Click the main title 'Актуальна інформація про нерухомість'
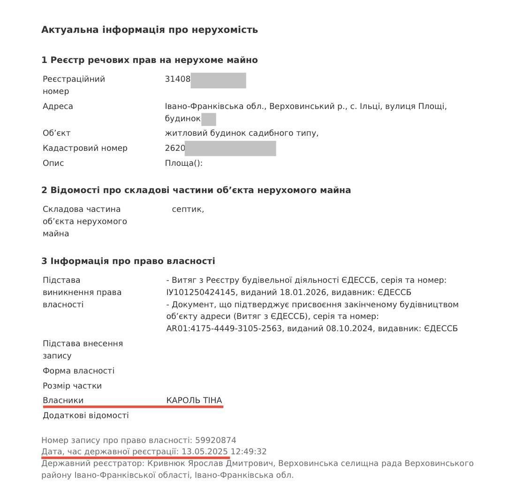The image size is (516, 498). (x=150, y=30)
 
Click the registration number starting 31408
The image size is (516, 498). (x=178, y=79)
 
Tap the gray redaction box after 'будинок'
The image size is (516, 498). (x=208, y=119)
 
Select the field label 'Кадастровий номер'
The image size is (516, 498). (x=85, y=148)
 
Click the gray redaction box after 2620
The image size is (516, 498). (x=230, y=148)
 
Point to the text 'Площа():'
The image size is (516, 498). (x=183, y=163)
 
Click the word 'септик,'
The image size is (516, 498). (x=188, y=210)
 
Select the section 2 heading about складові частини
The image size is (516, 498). (x=196, y=190)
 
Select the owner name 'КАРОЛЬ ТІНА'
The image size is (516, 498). (x=194, y=400)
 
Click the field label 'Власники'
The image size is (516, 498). (x=63, y=400)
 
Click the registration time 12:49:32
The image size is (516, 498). (x=248, y=451)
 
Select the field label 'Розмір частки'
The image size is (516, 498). (x=72, y=386)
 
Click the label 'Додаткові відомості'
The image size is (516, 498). (x=85, y=415)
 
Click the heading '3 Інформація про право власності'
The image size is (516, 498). (x=128, y=261)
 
